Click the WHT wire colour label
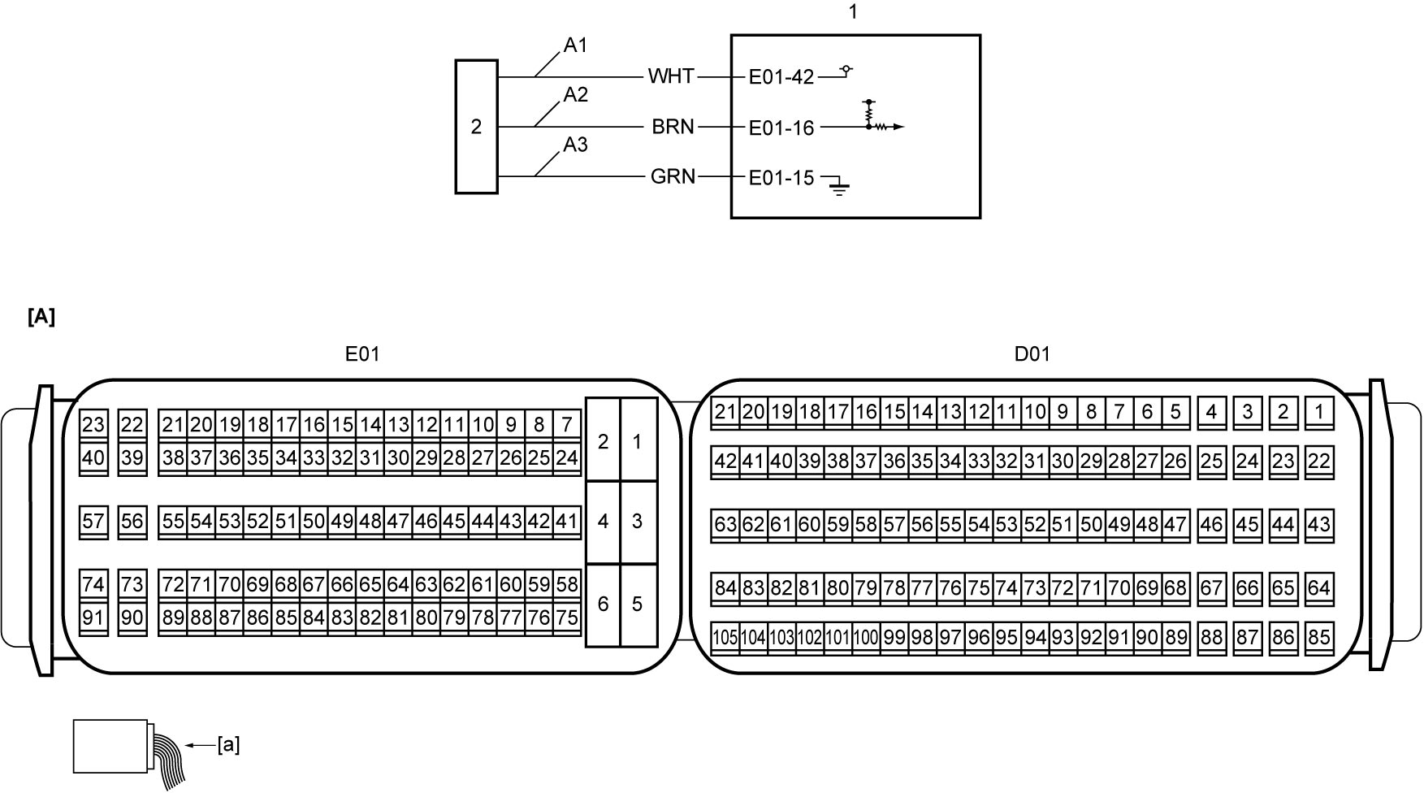pyautogui.click(x=671, y=76)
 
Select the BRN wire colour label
pyautogui.click(x=673, y=127)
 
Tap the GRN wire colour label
pyautogui.click(x=673, y=176)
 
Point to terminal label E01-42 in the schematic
pyautogui.click(x=781, y=77)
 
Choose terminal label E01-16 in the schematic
pyautogui.click(x=781, y=128)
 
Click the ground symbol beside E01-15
pyautogui.click(x=839, y=188)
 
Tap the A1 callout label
pyautogui.click(x=575, y=45)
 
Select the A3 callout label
pyautogui.click(x=575, y=145)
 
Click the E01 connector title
pyautogui.click(x=362, y=353)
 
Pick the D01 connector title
pyautogui.click(x=1032, y=353)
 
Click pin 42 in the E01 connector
pyautogui.click(x=539, y=522)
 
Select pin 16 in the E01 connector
pyautogui.click(x=314, y=425)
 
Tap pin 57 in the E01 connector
pyautogui.click(x=93, y=522)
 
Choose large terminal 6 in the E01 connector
pyautogui.click(x=603, y=604)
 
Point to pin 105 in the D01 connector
pyautogui.click(x=725, y=638)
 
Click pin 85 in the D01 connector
pyautogui.click(x=1319, y=638)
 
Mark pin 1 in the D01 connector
pyautogui.click(x=1319, y=412)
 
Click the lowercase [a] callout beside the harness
pyautogui.click(x=228, y=744)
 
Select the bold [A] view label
pyautogui.click(x=41, y=317)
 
